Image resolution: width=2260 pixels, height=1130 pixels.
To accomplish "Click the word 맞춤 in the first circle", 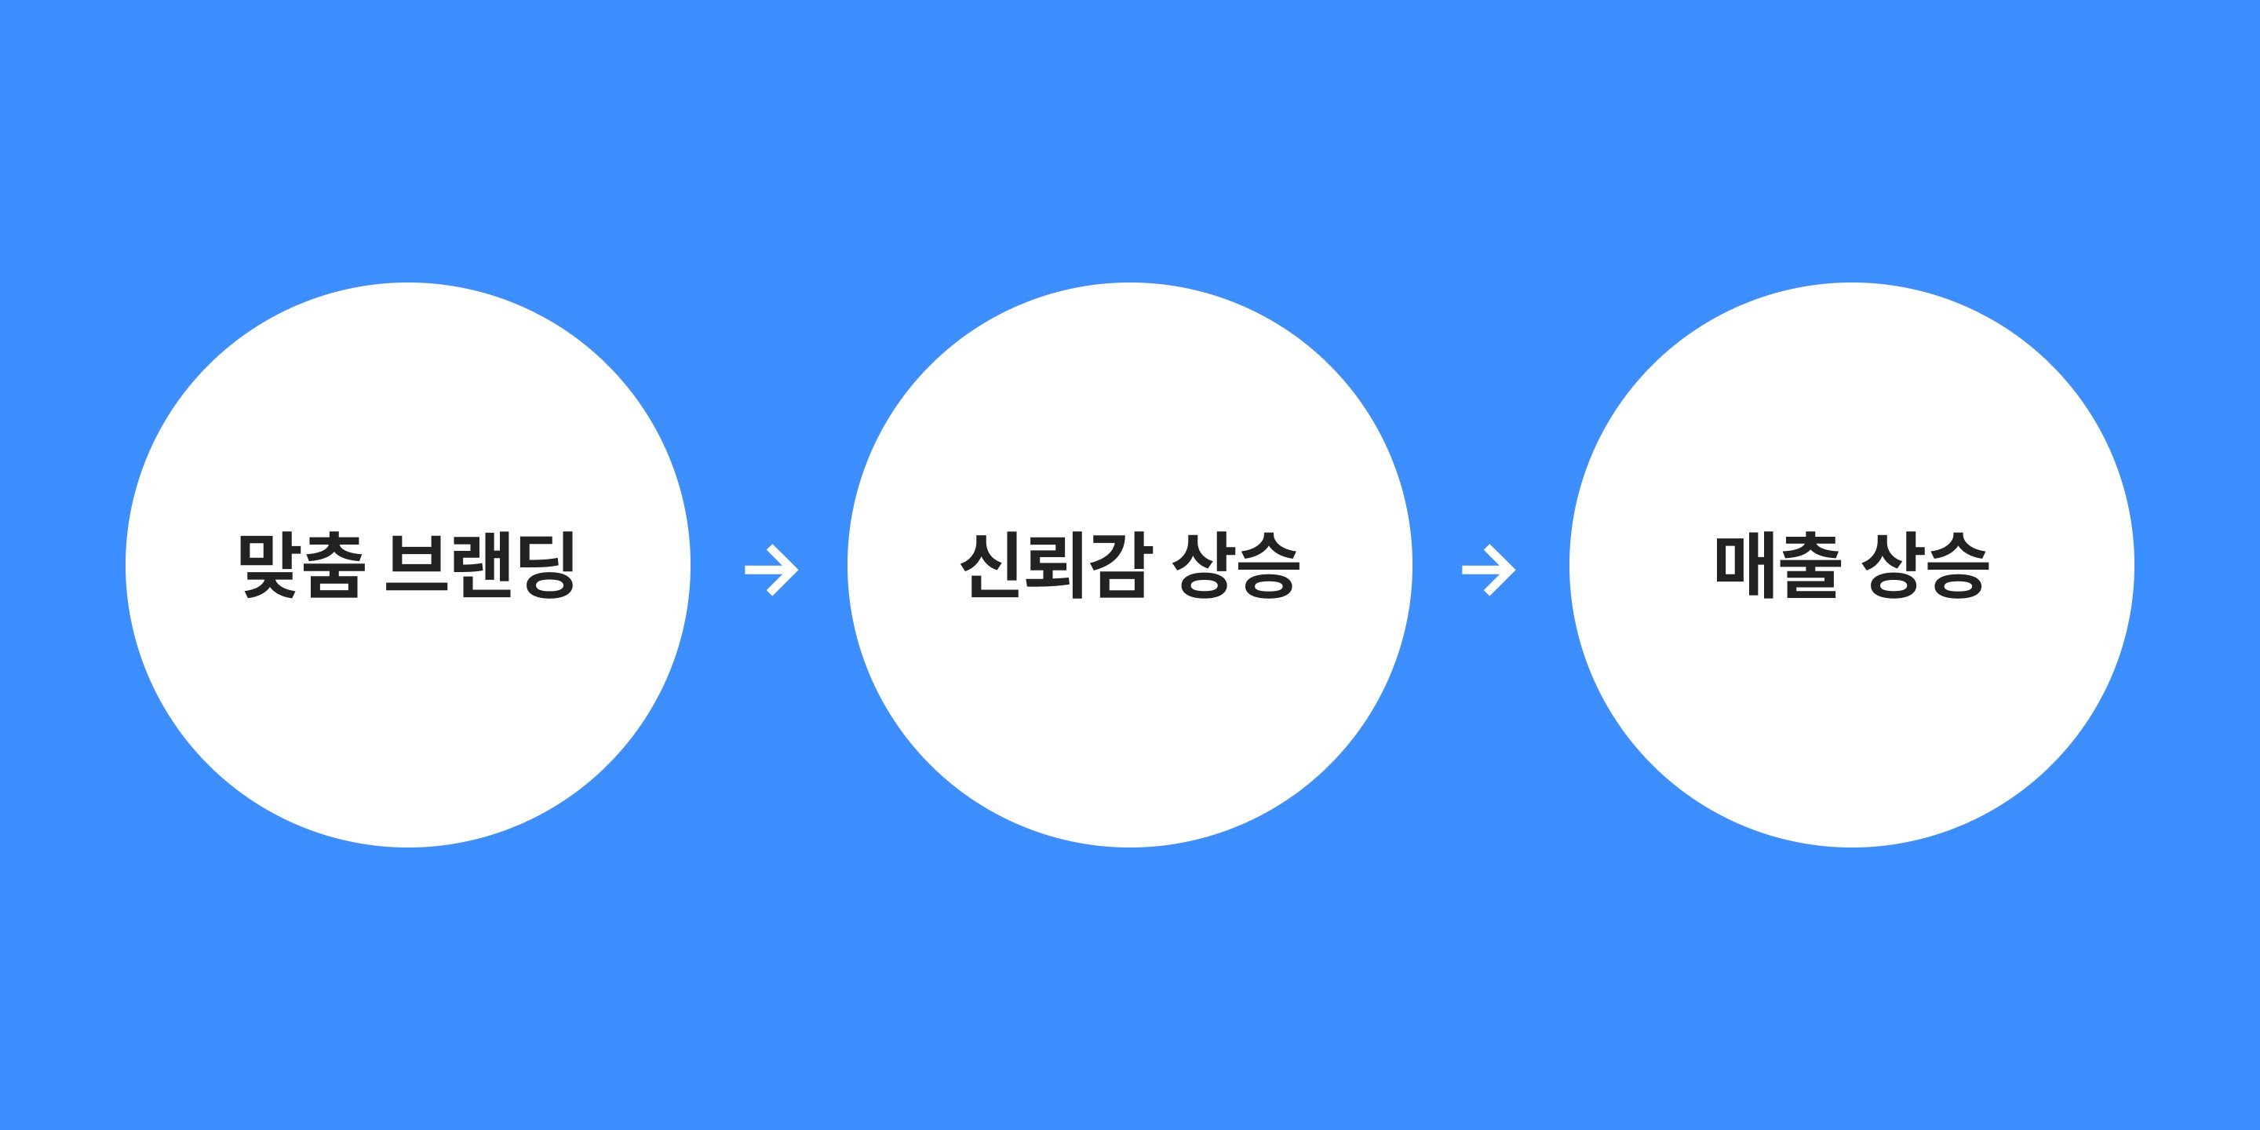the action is click(x=301, y=566).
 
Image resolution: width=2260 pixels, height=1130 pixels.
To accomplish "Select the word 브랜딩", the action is click(x=480, y=566).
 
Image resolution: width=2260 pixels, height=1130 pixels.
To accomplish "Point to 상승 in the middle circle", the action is click(x=1236, y=566).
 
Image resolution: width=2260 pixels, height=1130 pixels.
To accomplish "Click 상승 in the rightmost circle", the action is click(x=1925, y=566).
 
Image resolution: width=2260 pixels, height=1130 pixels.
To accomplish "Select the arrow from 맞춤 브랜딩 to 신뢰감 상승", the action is click(x=771, y=570).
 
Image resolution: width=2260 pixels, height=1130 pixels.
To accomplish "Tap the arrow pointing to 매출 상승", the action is click(x=1488, y=570).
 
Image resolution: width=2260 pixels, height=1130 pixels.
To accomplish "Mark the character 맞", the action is click(x=268, y=566).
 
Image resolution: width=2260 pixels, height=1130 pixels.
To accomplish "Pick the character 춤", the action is click(x=334, y=566).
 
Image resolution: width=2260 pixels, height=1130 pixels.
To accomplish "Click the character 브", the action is click(x=417, y=566).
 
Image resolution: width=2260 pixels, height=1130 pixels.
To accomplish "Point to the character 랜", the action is click(x=481, y=566).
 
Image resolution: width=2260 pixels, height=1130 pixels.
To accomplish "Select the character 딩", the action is click(x=544, y=566).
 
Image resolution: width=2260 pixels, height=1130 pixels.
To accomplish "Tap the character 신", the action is click(x=991, y=566).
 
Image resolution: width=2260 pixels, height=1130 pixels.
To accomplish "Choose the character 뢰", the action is click(x=1055, y=566).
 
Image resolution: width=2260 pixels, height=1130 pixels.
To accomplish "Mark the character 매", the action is click(x=1745, y=566).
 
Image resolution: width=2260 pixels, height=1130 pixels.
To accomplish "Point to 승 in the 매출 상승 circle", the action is click(x=1957, y=566).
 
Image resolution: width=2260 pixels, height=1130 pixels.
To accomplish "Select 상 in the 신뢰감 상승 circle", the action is click(x=1204, y=566).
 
